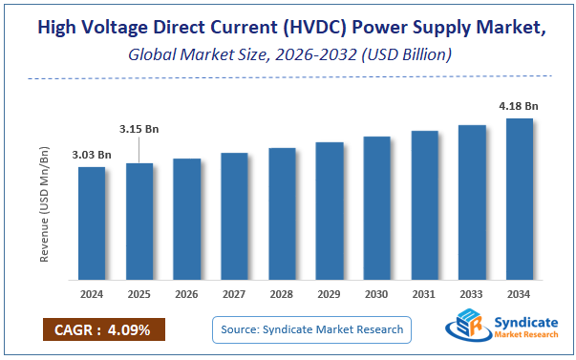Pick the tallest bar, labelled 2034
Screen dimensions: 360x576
(520, 200)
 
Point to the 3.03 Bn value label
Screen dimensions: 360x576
(92, 155)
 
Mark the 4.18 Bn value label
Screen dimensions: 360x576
(519, 106)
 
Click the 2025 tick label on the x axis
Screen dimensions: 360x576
(139, 294)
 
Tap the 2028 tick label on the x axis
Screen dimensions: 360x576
(282, 294)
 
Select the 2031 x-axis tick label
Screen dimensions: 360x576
(424, 294)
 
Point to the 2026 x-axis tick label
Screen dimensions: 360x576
(187, 294)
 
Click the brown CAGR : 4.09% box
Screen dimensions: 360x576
(103, 329)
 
